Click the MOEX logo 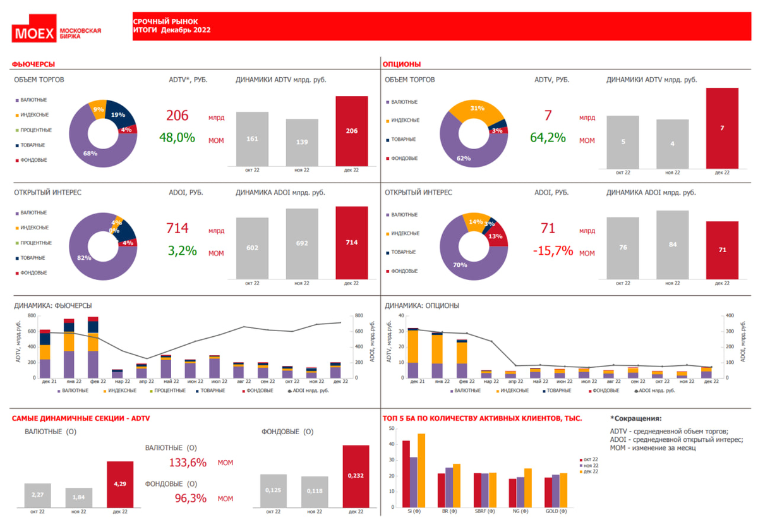[x=35, y=33]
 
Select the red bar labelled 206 [x=351, y=131]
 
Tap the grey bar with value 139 [x=302, y=142]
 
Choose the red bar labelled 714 [x=351, y=243]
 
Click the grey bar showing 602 [x=252, y=248]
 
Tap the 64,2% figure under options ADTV [x=548, y=137]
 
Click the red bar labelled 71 [x=722, y=250]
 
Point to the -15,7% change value [x=553, y=251]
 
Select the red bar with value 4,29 [x=120, y=484]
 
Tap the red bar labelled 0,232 [x=356, y=476]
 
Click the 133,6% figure [x=188, y=463]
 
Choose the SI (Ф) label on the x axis [x=414, y=512]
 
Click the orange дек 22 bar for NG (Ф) [x=528, y=488]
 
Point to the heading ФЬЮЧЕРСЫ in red [x=33, y=64]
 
